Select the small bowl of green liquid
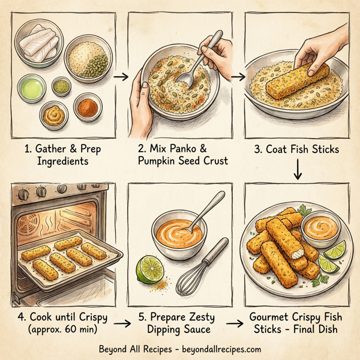tap(32, 89)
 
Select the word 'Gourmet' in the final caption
tap(271, 317)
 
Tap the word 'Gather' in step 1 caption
tap(46, 148)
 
